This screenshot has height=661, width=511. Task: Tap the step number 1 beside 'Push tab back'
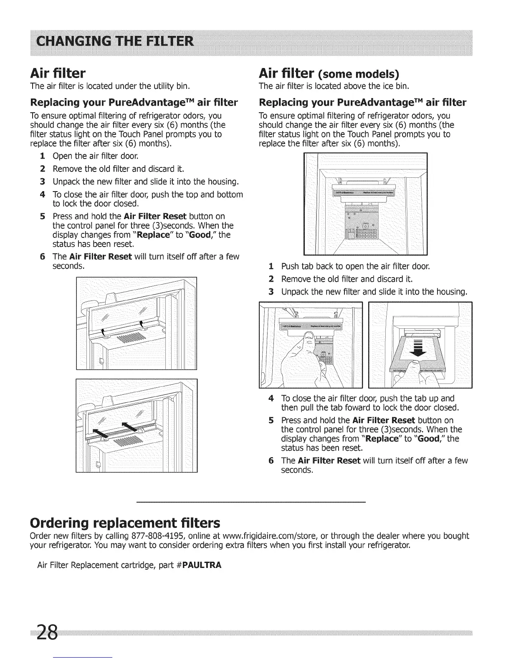[x=271, y=266]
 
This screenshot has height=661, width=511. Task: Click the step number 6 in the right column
[x=271, y=461]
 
